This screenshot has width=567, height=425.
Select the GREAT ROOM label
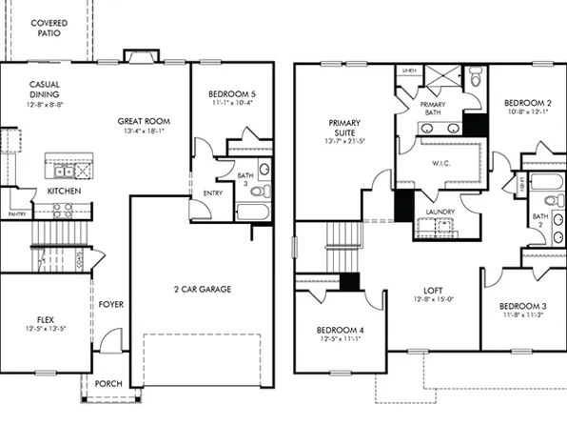(x=144, y=121)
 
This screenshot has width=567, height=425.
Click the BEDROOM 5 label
(x=232, y=93)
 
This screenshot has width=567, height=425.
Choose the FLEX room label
(x=45, y=319)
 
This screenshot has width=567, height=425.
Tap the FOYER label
(x=111, y=304)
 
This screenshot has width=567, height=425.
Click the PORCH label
(x=108, y=384)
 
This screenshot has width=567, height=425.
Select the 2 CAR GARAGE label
(x=202, y=289)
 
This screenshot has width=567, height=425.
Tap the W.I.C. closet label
(x=440, y=162)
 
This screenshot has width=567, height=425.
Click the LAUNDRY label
(x=439, y=212)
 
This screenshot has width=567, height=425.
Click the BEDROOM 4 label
(x=340, y=331)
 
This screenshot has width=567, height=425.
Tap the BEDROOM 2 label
(x=528, y=102)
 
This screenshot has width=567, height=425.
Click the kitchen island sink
(x=62, y=172)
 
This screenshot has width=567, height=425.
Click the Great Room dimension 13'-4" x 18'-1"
(x=144, y=132)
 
